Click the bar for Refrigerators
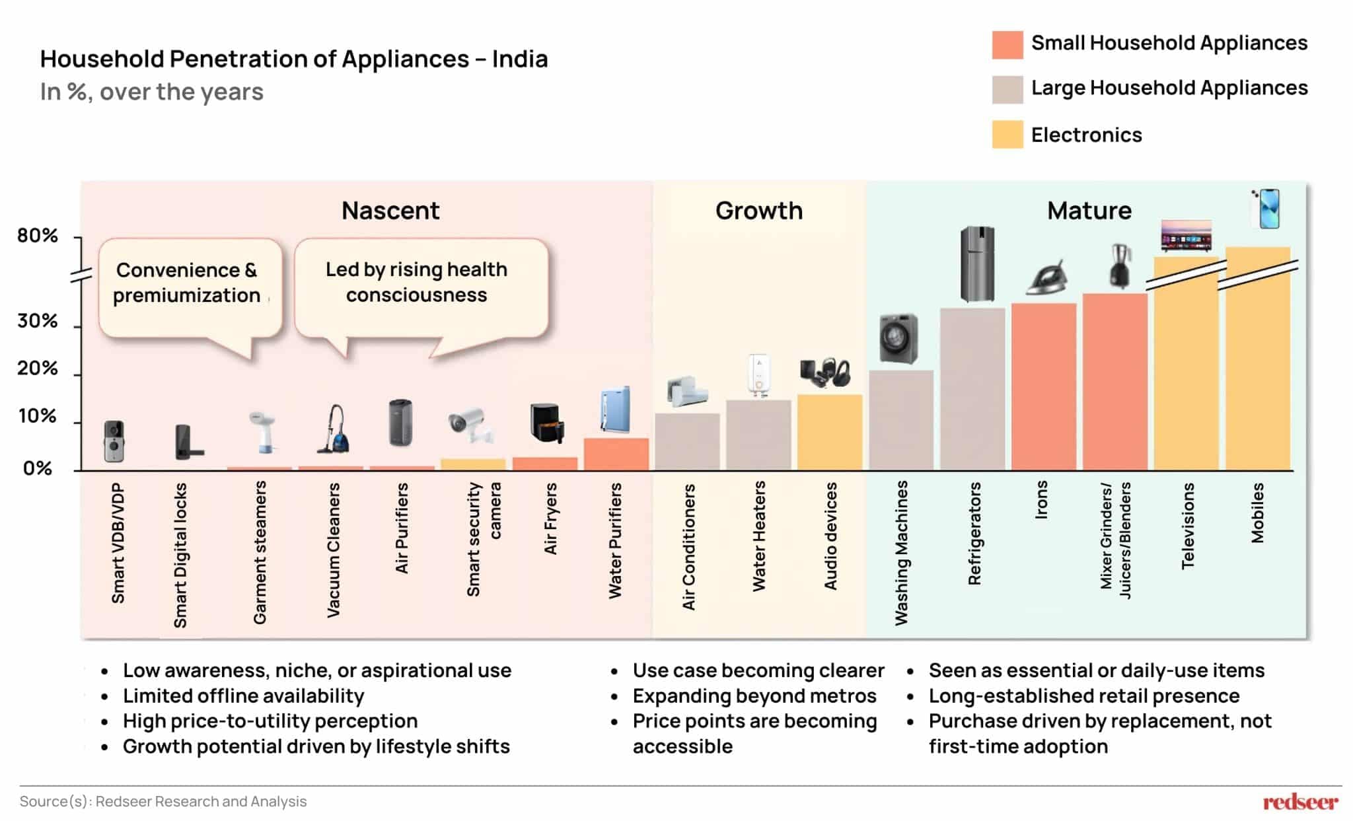[972, 389]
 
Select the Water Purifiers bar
[616, 454]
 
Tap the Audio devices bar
[830, 433]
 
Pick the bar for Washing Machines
[901, 420]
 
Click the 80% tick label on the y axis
[38, 236]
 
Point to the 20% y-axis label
[38, 369]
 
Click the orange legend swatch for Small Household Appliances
[1007, 45]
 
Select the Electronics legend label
[1086, 135]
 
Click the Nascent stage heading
[390, 211]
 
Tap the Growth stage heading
[759, 211]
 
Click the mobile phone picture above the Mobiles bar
[1266, 209]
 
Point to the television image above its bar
[1187, 235]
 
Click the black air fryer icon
[546, 423]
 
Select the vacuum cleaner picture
[334, 430]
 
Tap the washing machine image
[898, 338]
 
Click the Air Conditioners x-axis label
[688, 547]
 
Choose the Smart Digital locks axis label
[180, 555]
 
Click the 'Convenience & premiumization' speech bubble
[189, 284]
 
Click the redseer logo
[1300, 802]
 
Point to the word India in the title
[520, 59]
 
